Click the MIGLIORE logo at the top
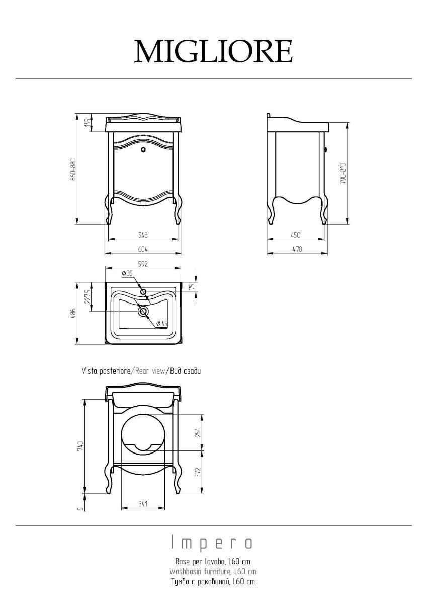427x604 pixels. pos(213,51)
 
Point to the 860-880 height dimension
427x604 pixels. pos(73,169)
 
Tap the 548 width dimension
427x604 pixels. pos(143,235)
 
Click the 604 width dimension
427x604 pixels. pos(143,249)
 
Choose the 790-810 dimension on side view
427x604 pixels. pos(343,174)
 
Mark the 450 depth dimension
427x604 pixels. pos(296,235)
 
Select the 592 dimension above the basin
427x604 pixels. pos(143,264)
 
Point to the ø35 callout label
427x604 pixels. pos(127,273)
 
